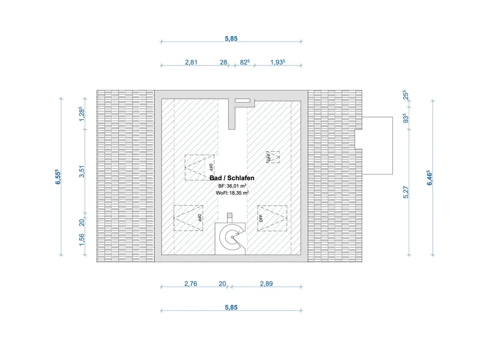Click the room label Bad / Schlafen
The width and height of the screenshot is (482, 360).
click(232, 178)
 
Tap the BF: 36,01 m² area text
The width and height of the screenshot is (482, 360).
click(232, 186)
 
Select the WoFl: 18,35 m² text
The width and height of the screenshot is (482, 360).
click(232, 193)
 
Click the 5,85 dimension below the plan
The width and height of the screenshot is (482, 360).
click(231, 307)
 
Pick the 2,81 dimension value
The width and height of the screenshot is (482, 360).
click(191, 62)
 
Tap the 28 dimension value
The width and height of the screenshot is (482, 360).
click(224, 62)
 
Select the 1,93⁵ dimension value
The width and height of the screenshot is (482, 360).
click(278, 62)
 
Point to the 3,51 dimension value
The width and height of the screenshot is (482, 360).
click(82, 172)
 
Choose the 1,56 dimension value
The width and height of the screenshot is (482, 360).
click(82, 240)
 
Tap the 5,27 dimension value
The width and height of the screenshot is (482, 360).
click(406, 192)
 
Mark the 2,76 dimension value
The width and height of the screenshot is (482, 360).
click(190, 284)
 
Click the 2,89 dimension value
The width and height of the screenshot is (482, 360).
click(266, 284)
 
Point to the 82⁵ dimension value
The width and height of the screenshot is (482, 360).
click(245, 62)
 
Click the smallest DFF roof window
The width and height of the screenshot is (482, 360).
click(272, 157)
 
